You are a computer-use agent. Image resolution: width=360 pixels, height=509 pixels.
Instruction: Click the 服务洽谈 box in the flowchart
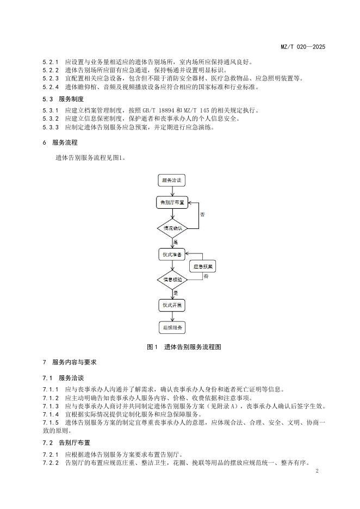pyautogui.click(x=172, y=179)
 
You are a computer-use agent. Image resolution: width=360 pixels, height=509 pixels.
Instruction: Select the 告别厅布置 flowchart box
pyautogui.click(x=172, y=202)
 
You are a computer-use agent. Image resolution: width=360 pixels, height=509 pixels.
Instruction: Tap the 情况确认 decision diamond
pyautogui.click(x=172, y=228)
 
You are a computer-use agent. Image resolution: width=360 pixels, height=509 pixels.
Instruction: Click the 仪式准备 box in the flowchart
pyautogui.click(x=172, y=254)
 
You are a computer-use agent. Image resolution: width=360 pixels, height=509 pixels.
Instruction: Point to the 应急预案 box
pyautogui.click(x=202, y=267)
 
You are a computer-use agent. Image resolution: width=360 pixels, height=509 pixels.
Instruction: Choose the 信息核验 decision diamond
pyautogui.click(x=172, y=280)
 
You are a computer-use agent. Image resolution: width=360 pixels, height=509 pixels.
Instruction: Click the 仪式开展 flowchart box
pyautogui.click(x=172, y=306)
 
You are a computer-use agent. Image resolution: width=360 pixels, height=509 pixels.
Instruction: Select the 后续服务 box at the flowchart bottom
pyautogui.click(x=172, y=327)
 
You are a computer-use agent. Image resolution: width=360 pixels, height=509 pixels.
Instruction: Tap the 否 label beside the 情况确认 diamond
pyautogui.click(x=202, y=215)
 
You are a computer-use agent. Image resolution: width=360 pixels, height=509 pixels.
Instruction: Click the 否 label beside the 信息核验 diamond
pyautogui.click(x=206, y=277)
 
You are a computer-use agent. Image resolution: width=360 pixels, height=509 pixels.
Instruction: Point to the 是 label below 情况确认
pyautogui.click(x=176, y=241)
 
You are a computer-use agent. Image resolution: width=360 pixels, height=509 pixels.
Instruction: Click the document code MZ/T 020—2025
pyautogui.click(x=302, y=47)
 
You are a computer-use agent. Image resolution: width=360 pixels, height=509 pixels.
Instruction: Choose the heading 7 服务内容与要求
pyautogui.click(x=70, y=362)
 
